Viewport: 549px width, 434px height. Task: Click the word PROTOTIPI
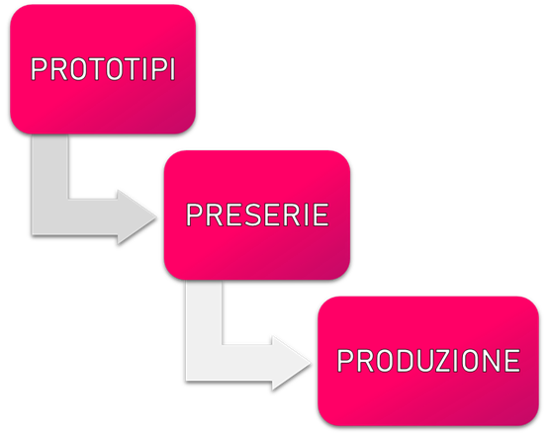103,69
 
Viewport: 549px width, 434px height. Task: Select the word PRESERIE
257,215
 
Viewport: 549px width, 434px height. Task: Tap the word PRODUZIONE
428,361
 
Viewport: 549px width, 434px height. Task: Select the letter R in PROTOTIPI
58,69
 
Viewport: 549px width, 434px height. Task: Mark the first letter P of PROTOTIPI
39,69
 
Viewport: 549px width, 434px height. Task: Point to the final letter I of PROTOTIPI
172,69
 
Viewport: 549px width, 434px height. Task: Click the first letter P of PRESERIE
194,215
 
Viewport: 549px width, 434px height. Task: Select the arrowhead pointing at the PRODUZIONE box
291,363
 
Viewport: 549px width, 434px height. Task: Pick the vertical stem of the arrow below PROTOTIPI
49,167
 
